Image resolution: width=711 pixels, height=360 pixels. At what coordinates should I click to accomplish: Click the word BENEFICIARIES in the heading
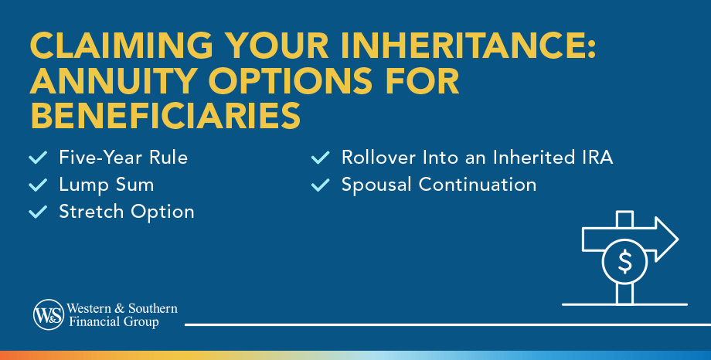click(x=165, y=116)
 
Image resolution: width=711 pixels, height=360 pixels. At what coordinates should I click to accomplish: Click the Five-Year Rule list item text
click(x=123, y=158)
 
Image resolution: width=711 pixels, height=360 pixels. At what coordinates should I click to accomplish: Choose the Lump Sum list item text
click(x=106, y=185)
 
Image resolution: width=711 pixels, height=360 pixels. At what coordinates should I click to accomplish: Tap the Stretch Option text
click(x=126, y=212)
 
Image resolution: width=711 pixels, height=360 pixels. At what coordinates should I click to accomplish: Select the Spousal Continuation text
click(x=439, y=185)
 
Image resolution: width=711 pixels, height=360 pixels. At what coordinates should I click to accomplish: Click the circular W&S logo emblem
click(x=48, y=315)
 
